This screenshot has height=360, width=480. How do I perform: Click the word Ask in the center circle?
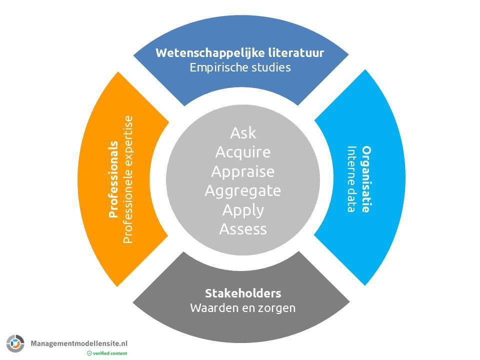(x=243, y=133)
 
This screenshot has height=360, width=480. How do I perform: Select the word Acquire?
(x=243, y=152)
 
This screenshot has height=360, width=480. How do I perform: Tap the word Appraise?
(x=243, y=171)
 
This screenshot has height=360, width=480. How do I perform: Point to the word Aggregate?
(x=243, y=190)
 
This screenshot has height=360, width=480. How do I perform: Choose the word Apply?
(x=243, y=210)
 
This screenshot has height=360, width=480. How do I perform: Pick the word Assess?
(x=243, y=229)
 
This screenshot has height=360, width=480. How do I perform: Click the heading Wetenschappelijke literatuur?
(x=240, y=53)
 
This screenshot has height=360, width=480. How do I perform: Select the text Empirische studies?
(x=240, y=67)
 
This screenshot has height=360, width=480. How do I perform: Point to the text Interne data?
(x=352, y=179)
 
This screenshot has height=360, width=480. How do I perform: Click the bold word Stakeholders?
(x=243, y=293)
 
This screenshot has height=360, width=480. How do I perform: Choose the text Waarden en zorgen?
(x=243, y=307)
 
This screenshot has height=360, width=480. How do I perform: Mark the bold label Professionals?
(x=113, y=179)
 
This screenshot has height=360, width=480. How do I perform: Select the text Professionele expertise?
(x=128, y=179)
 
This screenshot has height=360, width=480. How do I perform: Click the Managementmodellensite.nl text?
(x=79, y=343)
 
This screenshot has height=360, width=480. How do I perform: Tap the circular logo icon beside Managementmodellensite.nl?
(x=15, y=343)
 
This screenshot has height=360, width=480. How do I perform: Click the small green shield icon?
(x=89, y=353)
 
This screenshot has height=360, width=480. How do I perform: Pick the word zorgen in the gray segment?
(x=279, y=307)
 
